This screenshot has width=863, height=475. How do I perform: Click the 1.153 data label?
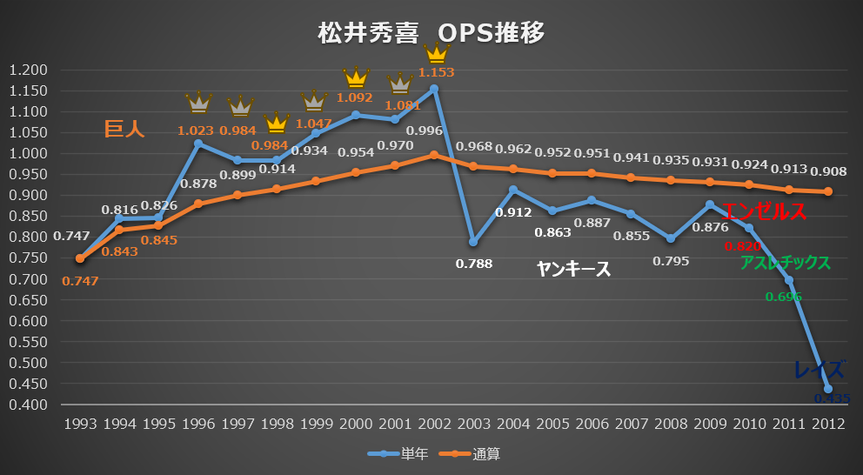click(436, 73)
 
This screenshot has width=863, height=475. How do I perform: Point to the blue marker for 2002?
click(434, 89)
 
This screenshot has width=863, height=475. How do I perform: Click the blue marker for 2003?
click(473, 242)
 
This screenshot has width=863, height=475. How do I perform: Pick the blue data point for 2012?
click(828, 389)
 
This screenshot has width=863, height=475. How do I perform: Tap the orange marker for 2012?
click(828, 191)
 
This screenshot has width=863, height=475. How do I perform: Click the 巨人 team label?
click(124, 130)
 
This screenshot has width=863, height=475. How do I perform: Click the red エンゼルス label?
click(753, 211)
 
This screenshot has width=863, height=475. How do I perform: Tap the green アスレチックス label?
click(785, 262)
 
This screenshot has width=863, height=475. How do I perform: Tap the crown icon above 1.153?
click(436, 52)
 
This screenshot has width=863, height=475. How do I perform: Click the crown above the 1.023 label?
click(199, 103)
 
